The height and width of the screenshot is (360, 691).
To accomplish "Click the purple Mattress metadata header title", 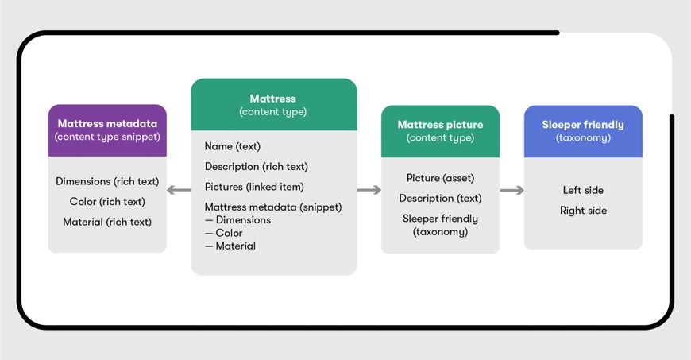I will tap(107, 124).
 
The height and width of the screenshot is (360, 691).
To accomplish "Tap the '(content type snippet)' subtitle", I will tap(107, 137).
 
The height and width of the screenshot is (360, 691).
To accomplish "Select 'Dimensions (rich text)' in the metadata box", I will tap(107, 181).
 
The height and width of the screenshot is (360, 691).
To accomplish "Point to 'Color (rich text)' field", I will tap(107, 202).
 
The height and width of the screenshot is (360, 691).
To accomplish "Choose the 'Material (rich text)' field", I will tap(107, 222).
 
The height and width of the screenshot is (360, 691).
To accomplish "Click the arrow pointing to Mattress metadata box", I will tap(179, 190).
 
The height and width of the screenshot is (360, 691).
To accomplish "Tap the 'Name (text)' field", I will tap(232, 146).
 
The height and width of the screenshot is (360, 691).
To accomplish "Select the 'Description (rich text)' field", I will tap(256, 167).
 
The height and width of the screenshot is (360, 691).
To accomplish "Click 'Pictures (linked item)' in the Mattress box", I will tap(254, 187).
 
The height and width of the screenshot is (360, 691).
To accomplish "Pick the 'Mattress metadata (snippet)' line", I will tap(272, 207).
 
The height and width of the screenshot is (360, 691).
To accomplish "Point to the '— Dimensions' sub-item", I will tap(237, 220).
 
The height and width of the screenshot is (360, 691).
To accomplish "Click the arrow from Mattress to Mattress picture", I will tap(369, 190).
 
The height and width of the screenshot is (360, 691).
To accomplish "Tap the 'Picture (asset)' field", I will tap(440, 178).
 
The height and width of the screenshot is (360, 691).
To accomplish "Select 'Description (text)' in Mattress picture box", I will tap(440, 199).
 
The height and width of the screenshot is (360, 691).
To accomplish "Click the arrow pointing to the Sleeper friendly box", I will tap(512, 190).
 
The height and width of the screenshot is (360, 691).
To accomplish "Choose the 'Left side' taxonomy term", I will tap(583, 190).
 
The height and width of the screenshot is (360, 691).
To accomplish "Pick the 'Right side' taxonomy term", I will tap(583, 211).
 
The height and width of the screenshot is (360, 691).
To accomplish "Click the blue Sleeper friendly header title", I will tap(583, 125).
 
